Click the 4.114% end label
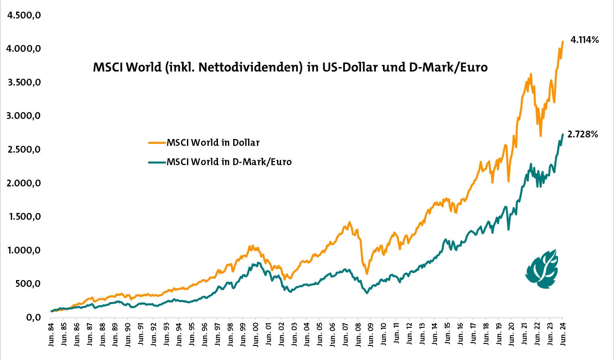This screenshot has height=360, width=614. [585, 40]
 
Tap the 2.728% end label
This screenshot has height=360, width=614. [583, 134]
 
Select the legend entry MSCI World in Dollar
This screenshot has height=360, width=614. [213, 143]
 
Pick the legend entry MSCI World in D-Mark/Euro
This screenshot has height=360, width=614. [229, 162]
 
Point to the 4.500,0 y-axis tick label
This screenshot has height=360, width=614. [24, 15]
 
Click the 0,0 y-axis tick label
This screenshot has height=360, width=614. [33, 317]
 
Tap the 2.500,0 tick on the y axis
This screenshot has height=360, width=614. [24, 149]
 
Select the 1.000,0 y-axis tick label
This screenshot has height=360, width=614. [24, 250]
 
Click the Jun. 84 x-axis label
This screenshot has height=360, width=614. [51, 333]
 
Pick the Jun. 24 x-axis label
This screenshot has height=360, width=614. [563, 333]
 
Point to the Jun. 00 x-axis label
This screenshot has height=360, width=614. [256, 333]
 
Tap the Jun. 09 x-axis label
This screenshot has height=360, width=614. [371, 333]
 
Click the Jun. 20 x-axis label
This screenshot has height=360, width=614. [511, 333]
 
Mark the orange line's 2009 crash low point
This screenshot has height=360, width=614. [367, 274]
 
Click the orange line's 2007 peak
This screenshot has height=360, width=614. [350, 222]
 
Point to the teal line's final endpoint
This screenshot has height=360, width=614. [563, 134]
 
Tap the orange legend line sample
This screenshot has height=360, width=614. [157, 143]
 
